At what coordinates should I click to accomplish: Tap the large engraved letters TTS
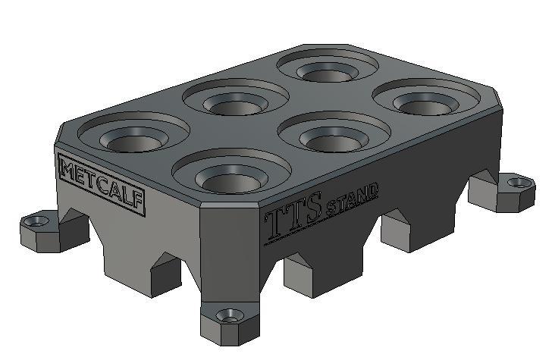tap(294, 218)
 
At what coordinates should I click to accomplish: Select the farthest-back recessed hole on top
tap(327, 70)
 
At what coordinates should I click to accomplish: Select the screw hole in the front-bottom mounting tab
tap(226, 314)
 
